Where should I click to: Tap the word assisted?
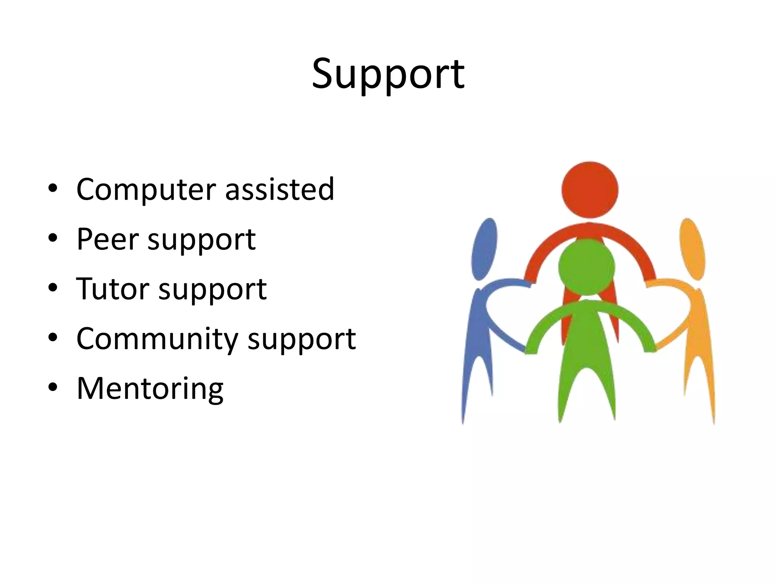(280, 189)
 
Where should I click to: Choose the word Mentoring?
(150, 389)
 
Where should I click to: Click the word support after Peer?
(201, 241)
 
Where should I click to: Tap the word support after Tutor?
(212, 290)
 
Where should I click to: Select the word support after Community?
(302, 340)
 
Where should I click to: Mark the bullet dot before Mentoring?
(53, 387)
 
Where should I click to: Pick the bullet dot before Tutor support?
(53, 288)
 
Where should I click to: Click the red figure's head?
(590, 190)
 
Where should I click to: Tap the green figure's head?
(587, 267)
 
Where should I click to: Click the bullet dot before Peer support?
(53, 238)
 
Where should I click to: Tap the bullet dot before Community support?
(53, 337)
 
